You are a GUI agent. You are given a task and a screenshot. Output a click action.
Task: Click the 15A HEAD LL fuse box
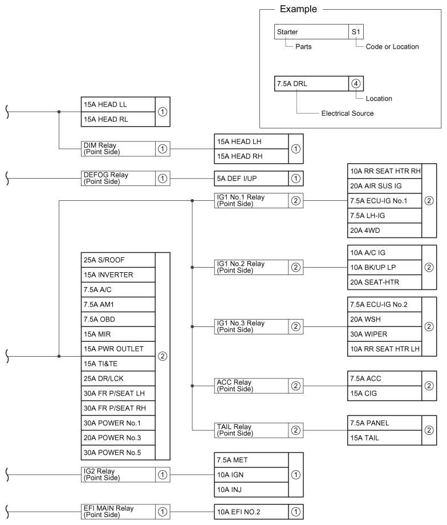[x=118, y=104]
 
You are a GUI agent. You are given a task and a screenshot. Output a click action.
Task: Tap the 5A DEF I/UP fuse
[x=251, y=179]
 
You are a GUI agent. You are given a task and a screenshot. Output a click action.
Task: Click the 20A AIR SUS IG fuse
[x=385, y=186]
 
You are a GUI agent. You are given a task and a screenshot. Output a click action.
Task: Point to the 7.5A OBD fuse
[x=118, y=320]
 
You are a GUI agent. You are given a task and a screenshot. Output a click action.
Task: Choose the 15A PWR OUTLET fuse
[x=118, y=349]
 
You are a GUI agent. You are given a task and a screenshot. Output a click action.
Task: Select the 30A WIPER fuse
[x=385, y=334]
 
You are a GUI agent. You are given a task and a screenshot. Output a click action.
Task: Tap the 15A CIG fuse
[x=385, y=393]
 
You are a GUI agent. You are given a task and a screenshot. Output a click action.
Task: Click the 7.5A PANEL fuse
[x=385, y=423]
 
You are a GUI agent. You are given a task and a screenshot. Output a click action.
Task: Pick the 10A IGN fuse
[x=251, y=475]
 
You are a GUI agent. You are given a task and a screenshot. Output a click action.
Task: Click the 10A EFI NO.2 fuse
[x=251, y=512]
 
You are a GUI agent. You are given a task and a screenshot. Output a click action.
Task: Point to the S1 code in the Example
[x=356, y=32]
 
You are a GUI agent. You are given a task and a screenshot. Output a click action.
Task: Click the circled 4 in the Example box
[x=356, y=83]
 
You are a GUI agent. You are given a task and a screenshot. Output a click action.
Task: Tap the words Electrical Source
[x=347, y=113]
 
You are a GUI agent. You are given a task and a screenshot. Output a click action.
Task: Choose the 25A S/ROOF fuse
[x=118, y=260]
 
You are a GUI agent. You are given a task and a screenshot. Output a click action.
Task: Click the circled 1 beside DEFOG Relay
[x=162, y=179]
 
